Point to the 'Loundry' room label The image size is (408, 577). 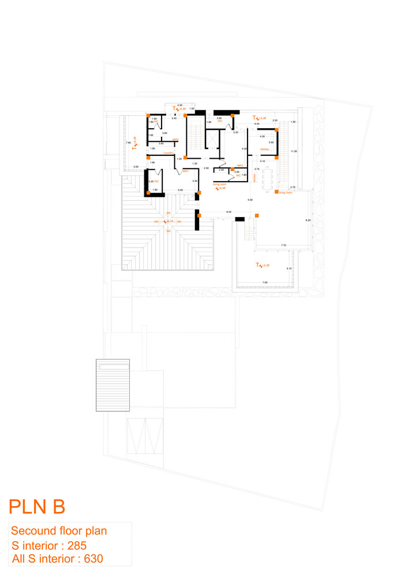click(x=169, y=153)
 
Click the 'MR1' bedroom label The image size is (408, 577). click(x=186, y=171)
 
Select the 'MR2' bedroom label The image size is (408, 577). click(x=241, y=166)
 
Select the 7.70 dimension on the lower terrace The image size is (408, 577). click(x=283, y=246)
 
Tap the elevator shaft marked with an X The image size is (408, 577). click(x=213, y=140)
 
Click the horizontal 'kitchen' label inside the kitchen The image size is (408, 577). click(x=265, y=149)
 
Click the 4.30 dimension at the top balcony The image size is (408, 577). click(x=179, y=105)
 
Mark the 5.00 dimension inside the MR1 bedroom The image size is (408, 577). click(x=180, y=190)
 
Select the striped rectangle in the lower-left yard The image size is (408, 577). click(x=113, y=385)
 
